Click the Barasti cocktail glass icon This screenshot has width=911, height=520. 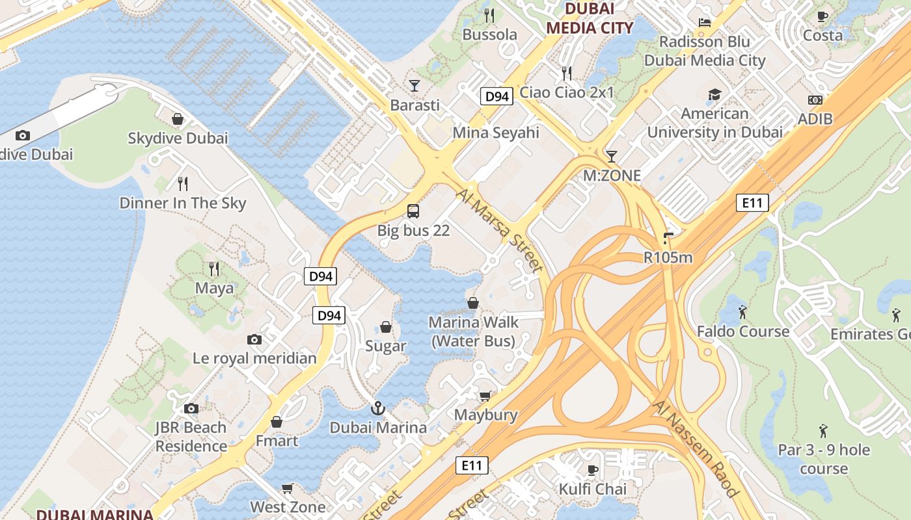coord(414,85)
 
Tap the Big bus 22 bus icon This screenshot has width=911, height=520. coord(413,211)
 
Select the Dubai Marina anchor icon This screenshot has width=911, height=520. coord(377,408)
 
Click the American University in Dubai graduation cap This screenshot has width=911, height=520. coord(714,95)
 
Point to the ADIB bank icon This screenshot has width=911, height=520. coord(815,100)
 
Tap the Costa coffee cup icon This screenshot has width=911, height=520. coord(823,16)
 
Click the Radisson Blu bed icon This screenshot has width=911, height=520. coord(704,22)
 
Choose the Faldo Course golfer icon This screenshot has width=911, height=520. coord(742,312)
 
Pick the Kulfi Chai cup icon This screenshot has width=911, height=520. coord(592,469)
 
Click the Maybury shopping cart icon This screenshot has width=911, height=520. coord(485,396)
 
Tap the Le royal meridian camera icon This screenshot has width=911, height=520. coord(254,339)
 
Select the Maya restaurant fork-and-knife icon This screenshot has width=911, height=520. coord(213,268)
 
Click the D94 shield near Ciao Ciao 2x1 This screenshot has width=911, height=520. coord(497,96)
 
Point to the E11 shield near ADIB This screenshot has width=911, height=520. coord(752,203)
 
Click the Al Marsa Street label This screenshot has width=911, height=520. coord(498,230)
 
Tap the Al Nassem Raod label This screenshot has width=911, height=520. coord(696,448)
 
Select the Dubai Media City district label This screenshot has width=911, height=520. coord(590,18)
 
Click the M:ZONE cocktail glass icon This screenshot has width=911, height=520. coord(611,156)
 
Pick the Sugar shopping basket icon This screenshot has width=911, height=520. coord(386,327)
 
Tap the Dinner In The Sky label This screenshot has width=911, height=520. coord(183,203)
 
